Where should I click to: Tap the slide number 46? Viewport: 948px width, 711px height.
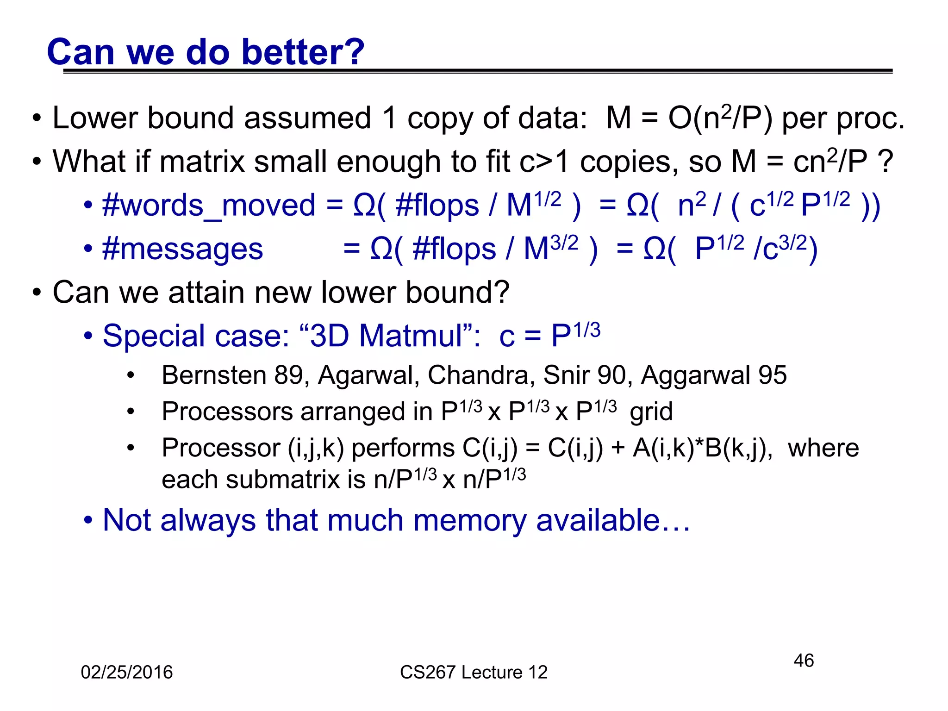804,661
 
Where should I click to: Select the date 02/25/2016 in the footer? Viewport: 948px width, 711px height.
126,672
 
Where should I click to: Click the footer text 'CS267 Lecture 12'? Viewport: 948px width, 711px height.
474,672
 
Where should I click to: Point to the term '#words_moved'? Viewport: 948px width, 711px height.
209,206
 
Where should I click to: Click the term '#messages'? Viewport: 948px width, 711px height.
182,249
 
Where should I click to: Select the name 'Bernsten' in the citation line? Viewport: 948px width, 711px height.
213,375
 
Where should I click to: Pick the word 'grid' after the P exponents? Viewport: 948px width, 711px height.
651,411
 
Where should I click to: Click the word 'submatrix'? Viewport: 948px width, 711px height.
283,480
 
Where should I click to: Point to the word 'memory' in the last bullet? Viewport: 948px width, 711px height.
470,520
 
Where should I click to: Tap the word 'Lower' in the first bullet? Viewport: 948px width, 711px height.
95,118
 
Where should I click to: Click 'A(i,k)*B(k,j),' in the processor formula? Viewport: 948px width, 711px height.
703,448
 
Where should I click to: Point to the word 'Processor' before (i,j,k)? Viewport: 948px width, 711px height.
221,448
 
